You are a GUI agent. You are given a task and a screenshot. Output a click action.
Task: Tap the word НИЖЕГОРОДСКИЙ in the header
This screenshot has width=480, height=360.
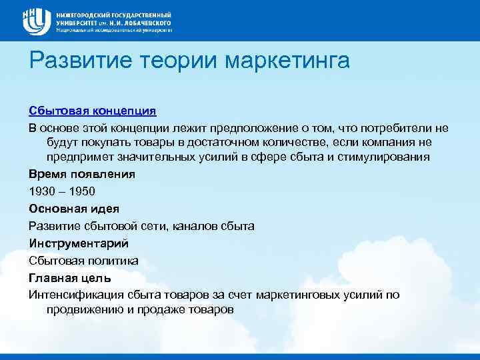pos(81,14)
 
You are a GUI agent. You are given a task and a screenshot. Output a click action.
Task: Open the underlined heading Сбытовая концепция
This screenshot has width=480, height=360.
pos(92,109)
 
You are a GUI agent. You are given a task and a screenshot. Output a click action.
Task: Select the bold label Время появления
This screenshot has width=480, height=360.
pos(82,174)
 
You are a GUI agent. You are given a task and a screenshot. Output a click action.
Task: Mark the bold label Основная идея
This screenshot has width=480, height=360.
pos(73,209)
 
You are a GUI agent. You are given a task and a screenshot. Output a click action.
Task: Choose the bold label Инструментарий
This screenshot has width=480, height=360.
pos(78,243)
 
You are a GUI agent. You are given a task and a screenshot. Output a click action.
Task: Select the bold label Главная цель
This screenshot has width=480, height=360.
pos(69,277)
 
